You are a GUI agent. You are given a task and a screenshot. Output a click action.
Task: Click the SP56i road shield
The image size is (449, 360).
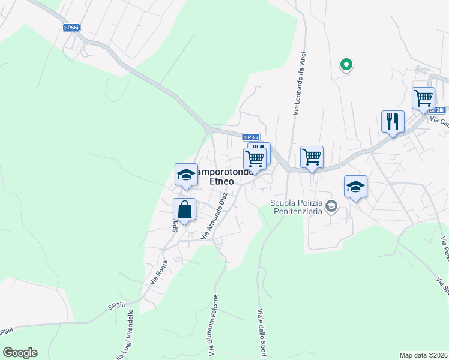pyautogui.click(x=71, y=28)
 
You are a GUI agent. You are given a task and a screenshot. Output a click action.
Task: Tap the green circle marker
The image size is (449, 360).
pyautogui.click(x=346, y=64)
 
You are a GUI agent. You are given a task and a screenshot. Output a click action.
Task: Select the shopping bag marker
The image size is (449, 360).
pyautogui.click(x=184, y=210)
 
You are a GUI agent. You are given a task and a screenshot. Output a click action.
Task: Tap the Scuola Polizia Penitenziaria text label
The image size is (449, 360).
pyautogui.click(x=295, y=208)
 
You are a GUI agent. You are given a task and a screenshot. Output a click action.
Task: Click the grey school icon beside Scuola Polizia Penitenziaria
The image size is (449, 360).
pyautogui.click(x=331, y=207)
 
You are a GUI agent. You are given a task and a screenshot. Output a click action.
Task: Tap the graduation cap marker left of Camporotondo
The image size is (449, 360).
pyautogui.click(x=186, y=175)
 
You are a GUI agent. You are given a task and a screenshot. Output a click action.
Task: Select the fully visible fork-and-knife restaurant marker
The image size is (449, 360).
pyautogui.click(x=393, y=122)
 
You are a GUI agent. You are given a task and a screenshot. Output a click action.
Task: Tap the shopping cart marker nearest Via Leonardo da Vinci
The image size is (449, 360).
pyautogui.click(x=312, y=158)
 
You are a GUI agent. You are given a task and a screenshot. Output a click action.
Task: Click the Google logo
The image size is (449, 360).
pyautogui.click(x=20, y=353)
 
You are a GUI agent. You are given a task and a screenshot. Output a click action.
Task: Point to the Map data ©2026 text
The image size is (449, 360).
pyautogui.click(x=423, y=355)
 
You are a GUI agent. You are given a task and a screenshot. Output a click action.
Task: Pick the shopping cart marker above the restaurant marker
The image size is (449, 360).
pyautogui.click(x=423, y=98)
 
